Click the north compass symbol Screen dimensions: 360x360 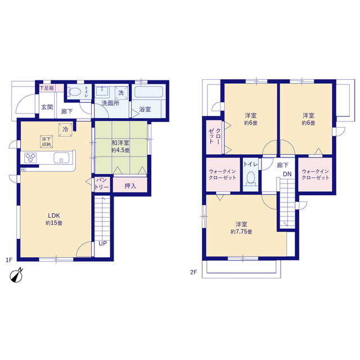16,275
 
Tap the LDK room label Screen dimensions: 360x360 54,215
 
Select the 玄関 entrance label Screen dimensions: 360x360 47,107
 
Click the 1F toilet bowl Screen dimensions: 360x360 74,92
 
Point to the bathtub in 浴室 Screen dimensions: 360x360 148,92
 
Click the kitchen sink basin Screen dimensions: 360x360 61,157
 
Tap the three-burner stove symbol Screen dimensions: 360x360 30,158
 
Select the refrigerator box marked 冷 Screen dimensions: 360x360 65,130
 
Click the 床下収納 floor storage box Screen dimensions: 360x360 46,141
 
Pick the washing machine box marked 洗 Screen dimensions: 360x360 121,93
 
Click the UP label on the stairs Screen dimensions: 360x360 102,244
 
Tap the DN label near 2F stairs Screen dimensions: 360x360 287,174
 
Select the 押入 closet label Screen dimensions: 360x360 130,186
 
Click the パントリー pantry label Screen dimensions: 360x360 102,183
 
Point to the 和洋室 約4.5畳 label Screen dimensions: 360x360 120,146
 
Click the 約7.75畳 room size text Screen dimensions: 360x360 241,232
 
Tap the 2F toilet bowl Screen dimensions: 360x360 251,178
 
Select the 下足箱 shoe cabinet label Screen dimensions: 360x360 47,88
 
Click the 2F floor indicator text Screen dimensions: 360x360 193,272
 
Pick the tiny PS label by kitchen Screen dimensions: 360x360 22,170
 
